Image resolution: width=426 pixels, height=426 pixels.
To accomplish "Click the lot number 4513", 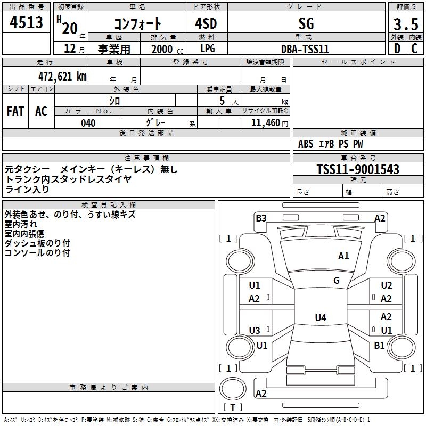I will point(27,23).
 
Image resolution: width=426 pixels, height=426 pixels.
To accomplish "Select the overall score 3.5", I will point(405,24).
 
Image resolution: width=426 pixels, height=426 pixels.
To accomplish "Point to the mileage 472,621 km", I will point(62,76).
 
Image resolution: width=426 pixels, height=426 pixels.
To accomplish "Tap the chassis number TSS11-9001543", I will point(358,169).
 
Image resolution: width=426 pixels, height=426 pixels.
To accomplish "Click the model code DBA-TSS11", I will point(305,49).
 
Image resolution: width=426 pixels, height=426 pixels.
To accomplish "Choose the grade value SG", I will point(306,23).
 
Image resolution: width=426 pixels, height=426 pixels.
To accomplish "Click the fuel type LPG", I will point(208,49).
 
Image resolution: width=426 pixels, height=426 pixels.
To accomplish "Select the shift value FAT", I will point(15,111).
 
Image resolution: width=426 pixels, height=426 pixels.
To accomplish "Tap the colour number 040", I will point(88,124).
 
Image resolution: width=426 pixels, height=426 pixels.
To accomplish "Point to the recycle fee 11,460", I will point(265,123).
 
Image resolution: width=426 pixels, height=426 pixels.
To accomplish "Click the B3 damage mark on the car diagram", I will point(261,218).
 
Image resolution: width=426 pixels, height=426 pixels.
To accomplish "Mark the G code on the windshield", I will point(337,280).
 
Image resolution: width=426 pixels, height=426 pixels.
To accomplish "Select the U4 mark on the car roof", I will point(320,318).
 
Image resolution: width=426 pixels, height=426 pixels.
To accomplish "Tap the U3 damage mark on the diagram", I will point(255,330).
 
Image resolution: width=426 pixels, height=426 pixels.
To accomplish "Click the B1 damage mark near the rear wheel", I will point(379,345).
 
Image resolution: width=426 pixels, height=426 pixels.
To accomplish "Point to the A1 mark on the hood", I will point(343,256).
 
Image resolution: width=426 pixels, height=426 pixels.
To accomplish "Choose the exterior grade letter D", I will point(397,49).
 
